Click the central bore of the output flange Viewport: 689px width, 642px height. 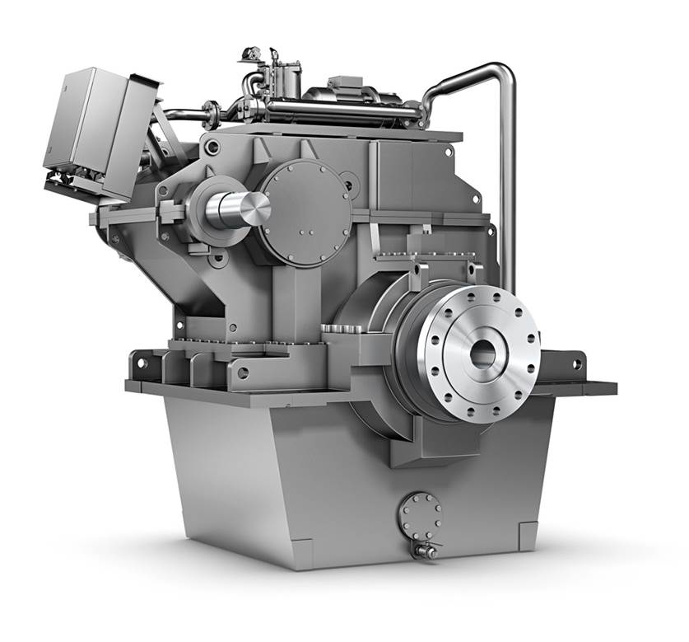[482, 354]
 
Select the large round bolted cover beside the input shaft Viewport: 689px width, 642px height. [305, 213]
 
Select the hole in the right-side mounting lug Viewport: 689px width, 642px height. [574, 363]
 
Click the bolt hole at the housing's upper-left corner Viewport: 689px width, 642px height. [212, 148]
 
